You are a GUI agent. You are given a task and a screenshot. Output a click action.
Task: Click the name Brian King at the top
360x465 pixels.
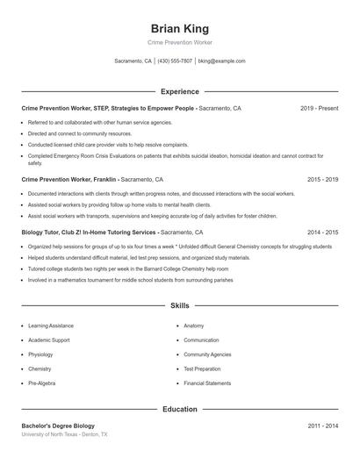(179, 28)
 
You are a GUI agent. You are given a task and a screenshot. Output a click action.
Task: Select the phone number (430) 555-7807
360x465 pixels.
(175, 61)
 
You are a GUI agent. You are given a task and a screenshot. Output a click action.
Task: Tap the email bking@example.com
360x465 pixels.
(221, 61)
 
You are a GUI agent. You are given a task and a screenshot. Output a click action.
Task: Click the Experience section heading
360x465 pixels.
(179, 91)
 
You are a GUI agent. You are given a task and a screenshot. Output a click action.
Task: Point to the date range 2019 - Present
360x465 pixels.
(319, 108)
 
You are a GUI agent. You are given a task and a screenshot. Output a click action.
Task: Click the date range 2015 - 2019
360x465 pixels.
(322, 179)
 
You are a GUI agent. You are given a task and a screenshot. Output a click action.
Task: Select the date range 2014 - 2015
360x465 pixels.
(322, 232)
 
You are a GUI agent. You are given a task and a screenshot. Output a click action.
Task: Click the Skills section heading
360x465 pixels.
(179, 305)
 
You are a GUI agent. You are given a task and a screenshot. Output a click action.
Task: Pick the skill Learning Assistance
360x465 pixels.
(51, 325)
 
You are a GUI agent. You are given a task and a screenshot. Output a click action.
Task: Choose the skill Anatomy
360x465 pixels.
(194, 325)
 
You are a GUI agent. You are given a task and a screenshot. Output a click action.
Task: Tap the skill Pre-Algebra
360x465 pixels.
(41, 383)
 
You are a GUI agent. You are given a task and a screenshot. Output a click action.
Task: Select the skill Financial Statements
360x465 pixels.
(207, 383)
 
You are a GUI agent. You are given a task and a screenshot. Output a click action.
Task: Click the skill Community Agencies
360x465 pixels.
(207, 354)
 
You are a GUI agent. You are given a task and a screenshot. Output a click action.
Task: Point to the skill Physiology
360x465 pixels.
(40, 354)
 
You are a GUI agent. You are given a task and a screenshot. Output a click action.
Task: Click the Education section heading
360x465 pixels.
(179, 409)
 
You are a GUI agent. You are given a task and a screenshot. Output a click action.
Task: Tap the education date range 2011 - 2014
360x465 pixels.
(322, 426)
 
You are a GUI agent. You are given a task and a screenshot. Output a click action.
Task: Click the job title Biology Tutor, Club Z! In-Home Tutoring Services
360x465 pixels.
(90, 232)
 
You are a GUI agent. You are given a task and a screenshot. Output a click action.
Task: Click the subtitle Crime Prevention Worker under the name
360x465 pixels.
(179, 42)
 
